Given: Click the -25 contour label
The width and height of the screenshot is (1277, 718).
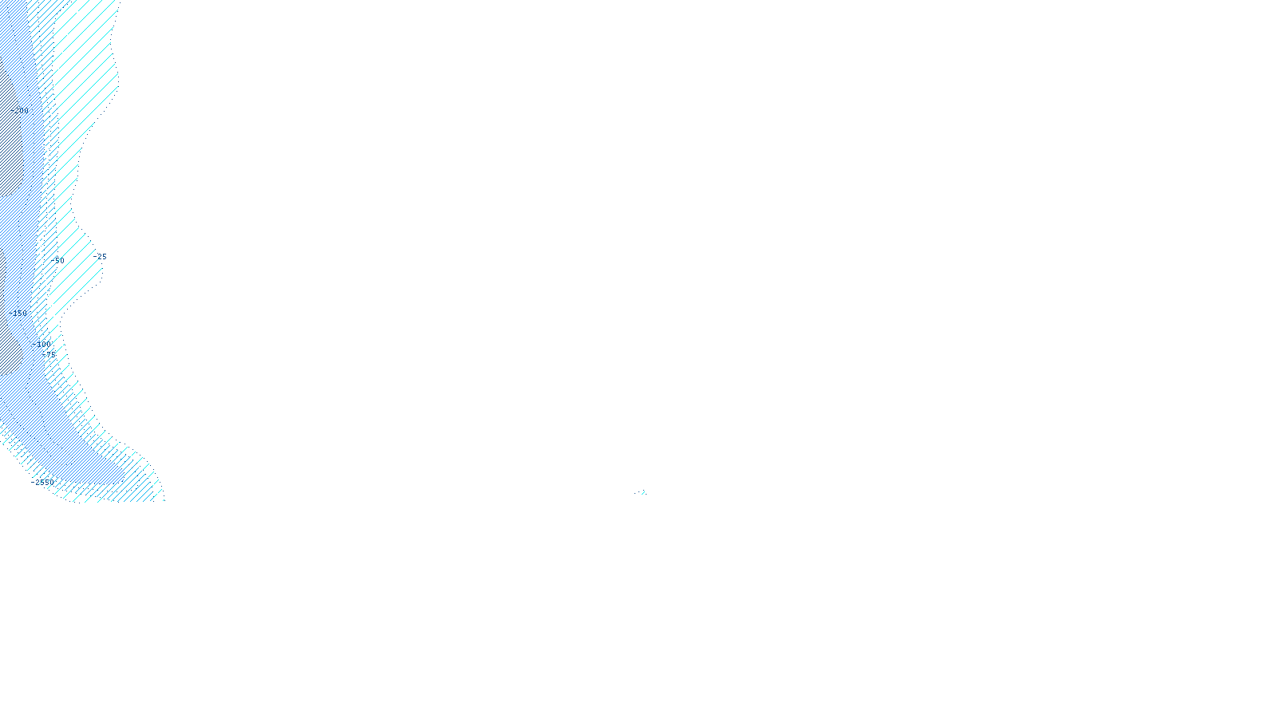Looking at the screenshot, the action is (x=101, y=257).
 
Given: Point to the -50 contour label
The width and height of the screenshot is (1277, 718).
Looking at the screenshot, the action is (x=57, y=260).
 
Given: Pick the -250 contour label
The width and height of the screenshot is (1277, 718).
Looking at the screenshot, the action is (x=21, y=110).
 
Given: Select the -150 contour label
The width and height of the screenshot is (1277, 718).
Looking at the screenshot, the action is (x=20, y=313).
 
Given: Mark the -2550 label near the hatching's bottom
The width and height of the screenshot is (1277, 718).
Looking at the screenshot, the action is (x=44, y=482).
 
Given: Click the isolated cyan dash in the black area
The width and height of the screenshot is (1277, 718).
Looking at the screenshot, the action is (x=640, y=493).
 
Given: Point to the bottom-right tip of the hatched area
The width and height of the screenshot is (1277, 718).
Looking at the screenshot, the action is (x=163, y=499).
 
